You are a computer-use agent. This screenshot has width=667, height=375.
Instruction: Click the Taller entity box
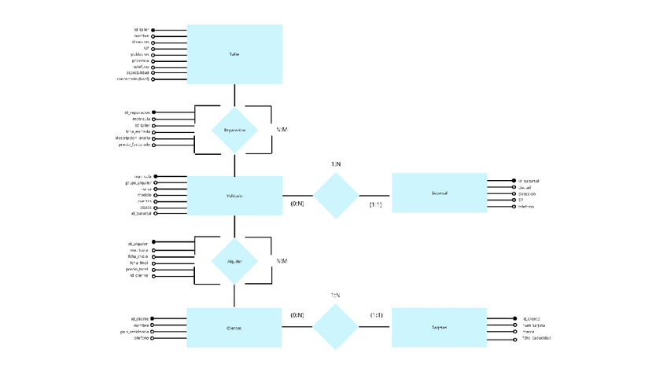[x=234, y=54]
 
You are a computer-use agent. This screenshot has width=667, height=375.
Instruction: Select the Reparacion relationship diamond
[x=234, y=131]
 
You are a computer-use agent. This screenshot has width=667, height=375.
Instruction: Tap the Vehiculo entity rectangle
[x=234, y=196]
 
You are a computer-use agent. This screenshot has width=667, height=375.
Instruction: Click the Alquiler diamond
[x=234, y=262]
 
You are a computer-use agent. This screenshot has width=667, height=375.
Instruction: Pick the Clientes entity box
[x=234, y=327]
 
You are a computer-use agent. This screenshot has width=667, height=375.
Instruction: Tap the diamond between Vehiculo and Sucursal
[x=336, y=195]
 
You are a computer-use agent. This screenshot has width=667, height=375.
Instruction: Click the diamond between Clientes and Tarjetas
[x=336, y=326]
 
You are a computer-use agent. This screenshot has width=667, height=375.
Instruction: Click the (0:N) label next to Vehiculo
[x=297, y=204]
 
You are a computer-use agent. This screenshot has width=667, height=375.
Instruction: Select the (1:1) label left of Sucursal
[x=376, y=204]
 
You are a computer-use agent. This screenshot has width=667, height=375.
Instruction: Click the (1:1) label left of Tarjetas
[x=376, y=315]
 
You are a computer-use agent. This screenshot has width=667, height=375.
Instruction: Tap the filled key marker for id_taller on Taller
[x=153, y=30]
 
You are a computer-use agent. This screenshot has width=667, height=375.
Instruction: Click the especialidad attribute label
[x=133, y=73]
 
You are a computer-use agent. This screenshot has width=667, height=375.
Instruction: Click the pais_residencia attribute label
[x=129, y=332]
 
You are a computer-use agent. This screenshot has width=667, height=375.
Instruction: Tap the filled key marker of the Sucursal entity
[x=515, y=181]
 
